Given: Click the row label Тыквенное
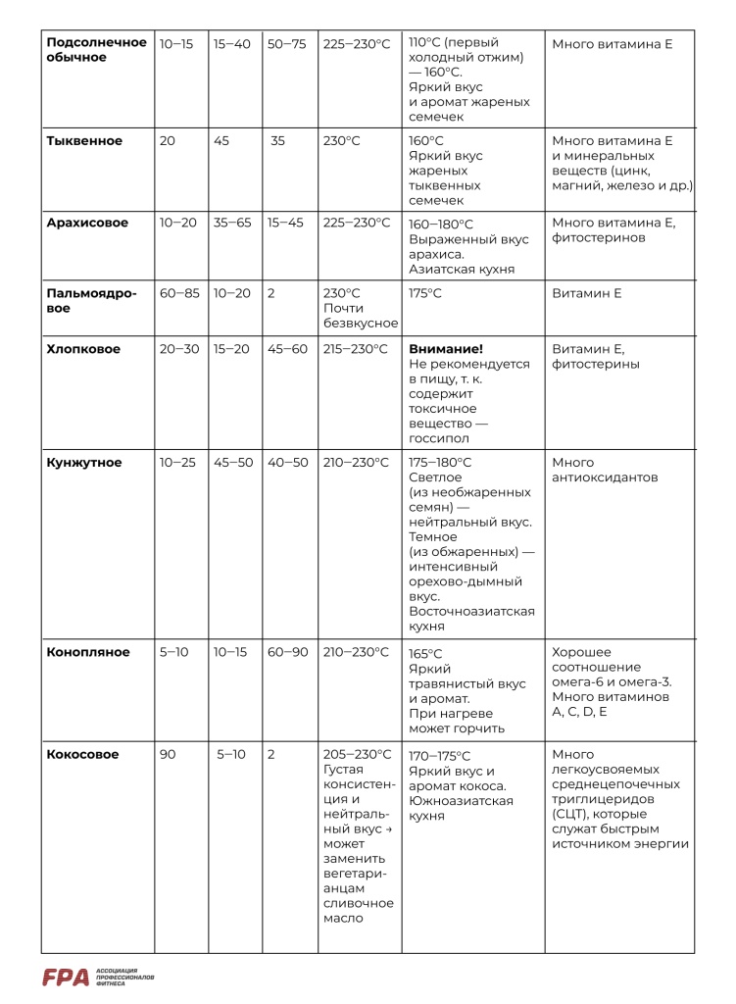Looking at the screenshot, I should point(84,141).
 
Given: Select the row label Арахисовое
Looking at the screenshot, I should point(87,223).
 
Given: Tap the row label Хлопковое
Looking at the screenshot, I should point(83,349).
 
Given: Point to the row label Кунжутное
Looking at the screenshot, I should point(84,463).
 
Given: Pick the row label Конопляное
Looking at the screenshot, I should point(87,652).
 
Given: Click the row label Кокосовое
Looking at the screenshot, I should point(82,755).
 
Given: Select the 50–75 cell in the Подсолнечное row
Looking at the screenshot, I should point(287,44).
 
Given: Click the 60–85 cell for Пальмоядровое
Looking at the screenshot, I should point(176,293).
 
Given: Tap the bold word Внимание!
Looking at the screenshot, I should point(446,349).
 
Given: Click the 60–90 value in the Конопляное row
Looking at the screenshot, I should point(287,652).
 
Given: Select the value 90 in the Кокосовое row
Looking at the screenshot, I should point(168,755).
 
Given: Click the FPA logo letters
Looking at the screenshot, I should point(66,977).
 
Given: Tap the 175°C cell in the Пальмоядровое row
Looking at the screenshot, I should point(425,293).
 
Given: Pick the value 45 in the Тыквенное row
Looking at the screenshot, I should point(221,141).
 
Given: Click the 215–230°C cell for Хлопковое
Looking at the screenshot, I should point(356,349).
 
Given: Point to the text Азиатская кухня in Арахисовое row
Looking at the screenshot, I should point(462,269).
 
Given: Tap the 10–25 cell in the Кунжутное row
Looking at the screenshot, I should point(176,463).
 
